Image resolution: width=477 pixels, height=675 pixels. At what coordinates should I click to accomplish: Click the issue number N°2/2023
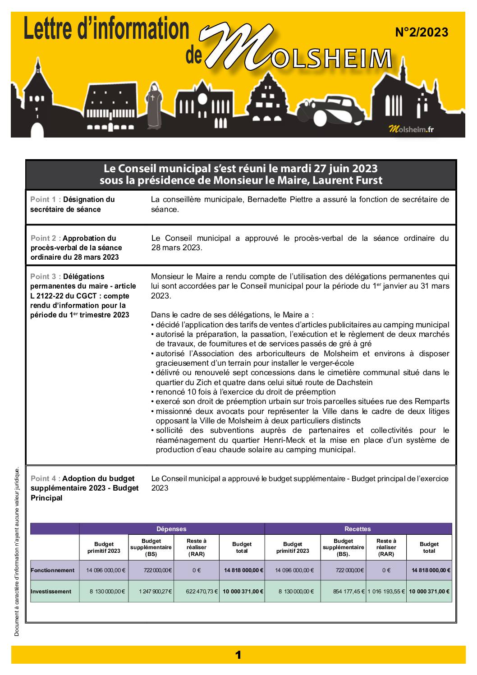pos(421,32)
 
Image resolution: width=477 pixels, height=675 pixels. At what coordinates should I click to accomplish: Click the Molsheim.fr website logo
pos(411,129)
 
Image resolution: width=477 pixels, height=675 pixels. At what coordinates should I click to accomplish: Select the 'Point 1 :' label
pos(46,199)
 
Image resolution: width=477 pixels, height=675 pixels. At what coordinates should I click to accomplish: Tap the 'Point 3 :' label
pos(46,276)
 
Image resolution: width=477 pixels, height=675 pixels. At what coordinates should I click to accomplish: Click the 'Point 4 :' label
pos(46,478)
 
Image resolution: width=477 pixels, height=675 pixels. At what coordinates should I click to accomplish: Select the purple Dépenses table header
pos(171,529)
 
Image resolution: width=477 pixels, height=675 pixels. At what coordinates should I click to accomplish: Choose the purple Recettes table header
pos(358,529)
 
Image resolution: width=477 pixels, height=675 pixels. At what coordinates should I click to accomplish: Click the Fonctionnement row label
pos(53,570)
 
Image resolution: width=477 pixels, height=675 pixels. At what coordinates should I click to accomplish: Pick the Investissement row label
pos(51,592)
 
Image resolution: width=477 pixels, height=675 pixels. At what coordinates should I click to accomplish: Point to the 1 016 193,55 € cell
pos(386,592)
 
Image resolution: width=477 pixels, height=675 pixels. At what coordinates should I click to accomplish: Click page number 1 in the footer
pos(238,655)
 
